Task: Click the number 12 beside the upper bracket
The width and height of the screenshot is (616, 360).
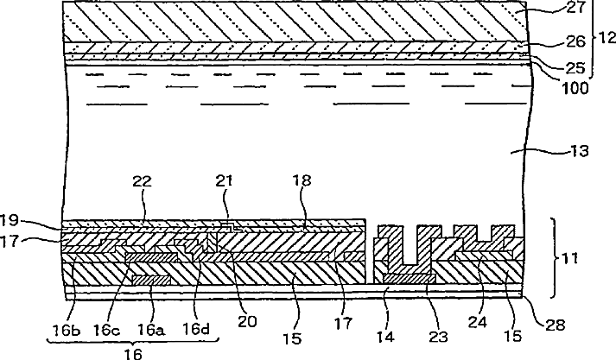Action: pos(606,39)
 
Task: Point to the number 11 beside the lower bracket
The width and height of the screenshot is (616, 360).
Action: pos(571,257)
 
